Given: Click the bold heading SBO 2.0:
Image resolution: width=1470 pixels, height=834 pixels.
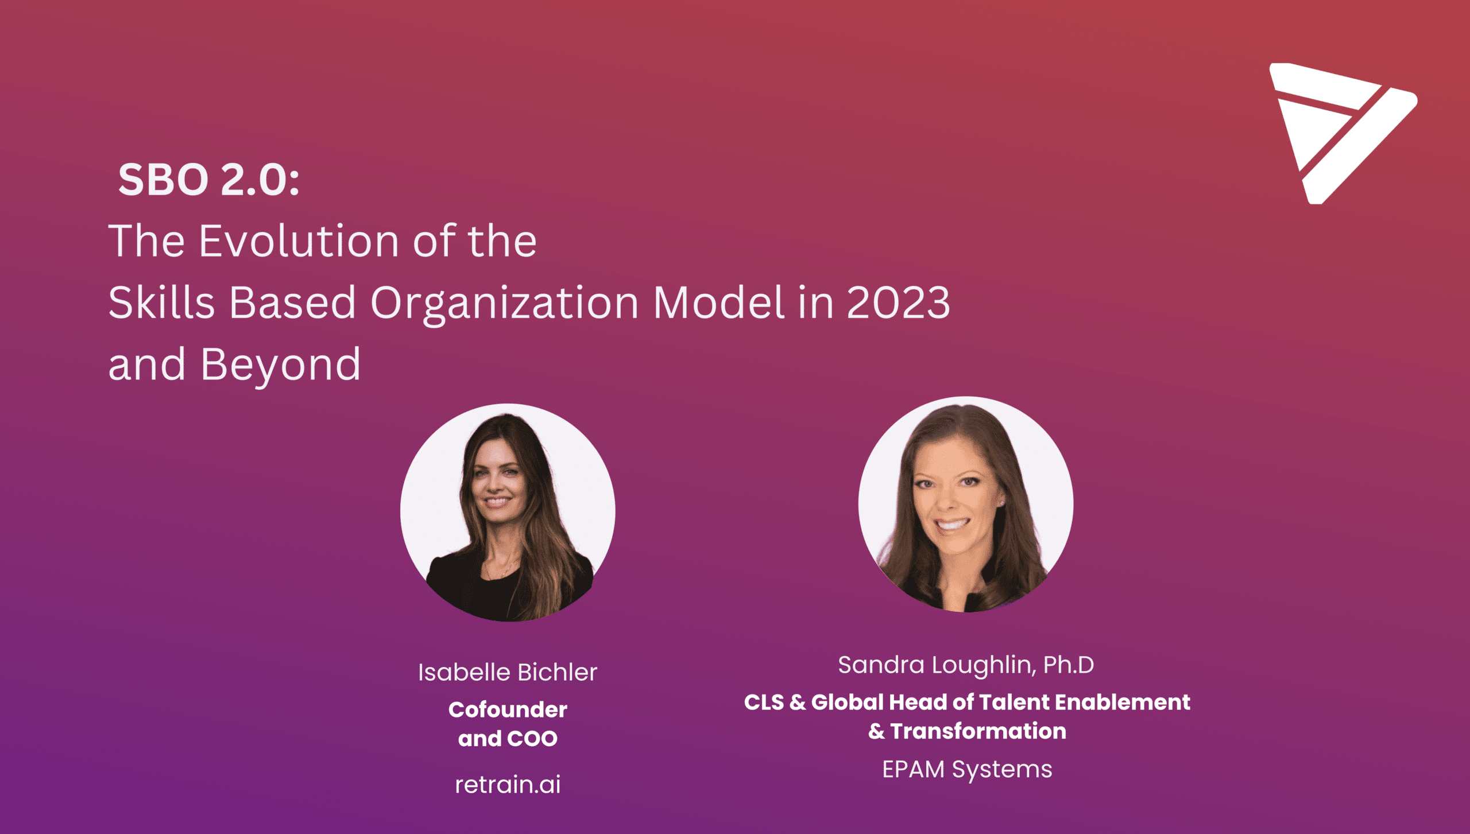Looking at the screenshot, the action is coord(209,180).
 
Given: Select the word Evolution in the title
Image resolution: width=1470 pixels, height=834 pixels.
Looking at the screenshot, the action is coord(299,240).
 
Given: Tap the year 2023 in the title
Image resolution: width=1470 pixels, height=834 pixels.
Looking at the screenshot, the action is coord(899,302).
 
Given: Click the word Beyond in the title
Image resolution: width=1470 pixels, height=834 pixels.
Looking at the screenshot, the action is coord(281,366).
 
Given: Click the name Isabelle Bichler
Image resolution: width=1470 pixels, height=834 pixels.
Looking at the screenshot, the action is coord(508,672).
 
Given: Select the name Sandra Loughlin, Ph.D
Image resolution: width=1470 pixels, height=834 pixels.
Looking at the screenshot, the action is coord(966,665).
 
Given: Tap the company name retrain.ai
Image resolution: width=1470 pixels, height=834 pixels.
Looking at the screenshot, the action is coord(508,784).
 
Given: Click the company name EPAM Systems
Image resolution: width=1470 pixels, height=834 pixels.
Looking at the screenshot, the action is coord(967,769).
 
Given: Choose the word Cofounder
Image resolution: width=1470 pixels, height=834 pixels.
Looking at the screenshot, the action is coord(508,709).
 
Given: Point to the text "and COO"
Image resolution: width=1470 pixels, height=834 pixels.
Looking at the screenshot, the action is coord(508,739).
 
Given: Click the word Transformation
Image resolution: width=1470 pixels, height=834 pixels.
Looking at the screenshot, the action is coord(978,731).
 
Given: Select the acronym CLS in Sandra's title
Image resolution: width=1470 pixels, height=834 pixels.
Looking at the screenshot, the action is coord(764,702).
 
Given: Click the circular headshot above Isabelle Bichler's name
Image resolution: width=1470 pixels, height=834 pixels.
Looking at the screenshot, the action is coord(508,512).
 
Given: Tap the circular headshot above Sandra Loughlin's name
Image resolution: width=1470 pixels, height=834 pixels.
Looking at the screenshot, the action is coord(966,505).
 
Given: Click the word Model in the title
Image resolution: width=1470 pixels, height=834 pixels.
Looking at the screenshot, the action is coord(719,302).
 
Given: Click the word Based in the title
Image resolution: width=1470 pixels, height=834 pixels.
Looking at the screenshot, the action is coord(292,302).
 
